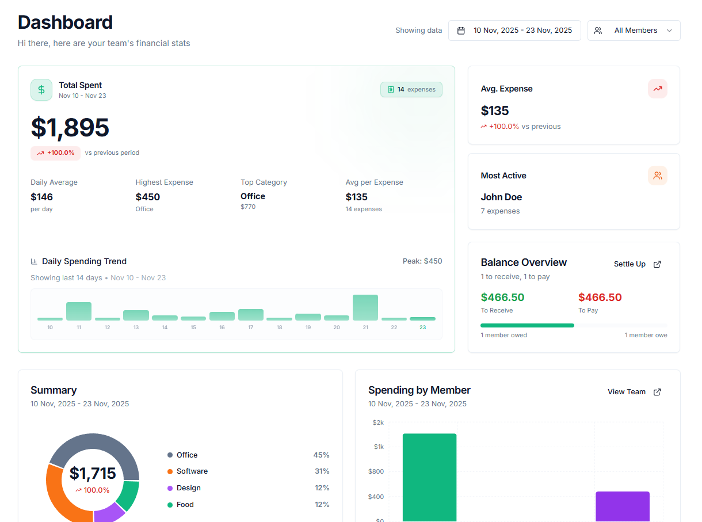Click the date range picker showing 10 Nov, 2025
(x=514, y=31)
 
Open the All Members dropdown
(x=634, y=31)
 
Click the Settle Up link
(x=637, y=264)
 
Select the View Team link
(x=634, y=392)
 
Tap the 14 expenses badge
(x=411, y=90)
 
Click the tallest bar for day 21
(x=365, y=307)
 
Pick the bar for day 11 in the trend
(x=79, y=311)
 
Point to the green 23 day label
(x=422, y=327)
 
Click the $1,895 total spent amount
(x=70, y=128)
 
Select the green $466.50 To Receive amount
(x=502, y=298)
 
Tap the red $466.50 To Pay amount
(x=600, y=298)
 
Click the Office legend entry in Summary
(x=186, y=455)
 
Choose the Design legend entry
(x=188, y=488)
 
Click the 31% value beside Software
(x=321, y=471)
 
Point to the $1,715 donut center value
(x=93, y=474)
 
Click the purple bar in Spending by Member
(x=622, y=506)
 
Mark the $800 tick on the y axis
(x=376, y=472)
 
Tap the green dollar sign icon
(x=41, y=90)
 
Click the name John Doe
(x=501, y=197)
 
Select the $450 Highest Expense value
(x=148, y=197)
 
